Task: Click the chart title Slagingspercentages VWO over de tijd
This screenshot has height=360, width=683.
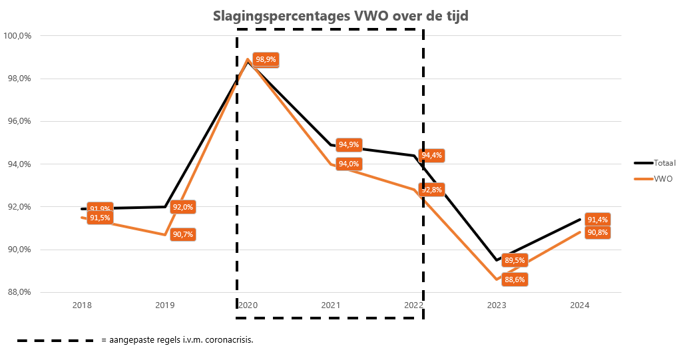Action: point(340,16)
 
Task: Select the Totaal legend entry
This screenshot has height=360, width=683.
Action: point(659,162)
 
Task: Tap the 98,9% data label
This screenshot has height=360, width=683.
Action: point(266,59)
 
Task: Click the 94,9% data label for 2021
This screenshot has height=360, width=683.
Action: point(349,144)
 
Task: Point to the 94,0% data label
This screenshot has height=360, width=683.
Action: point(349,164)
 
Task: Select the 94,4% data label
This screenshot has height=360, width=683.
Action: point(431,155)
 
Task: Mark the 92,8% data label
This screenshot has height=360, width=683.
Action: point(431,189)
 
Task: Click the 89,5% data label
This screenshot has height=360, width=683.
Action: point(514,260)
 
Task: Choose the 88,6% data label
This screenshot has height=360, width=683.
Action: point(514,280)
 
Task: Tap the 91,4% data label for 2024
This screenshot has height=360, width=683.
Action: point(597,220)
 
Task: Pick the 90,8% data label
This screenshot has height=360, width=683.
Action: point(597,232)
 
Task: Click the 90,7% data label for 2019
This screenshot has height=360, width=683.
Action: point(182,234)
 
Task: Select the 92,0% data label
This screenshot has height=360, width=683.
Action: point(182,207)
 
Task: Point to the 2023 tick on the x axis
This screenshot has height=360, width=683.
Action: point(497,305)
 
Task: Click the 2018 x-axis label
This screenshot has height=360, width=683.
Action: point(82,305)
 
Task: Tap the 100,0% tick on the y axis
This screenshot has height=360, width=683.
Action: point(18,36)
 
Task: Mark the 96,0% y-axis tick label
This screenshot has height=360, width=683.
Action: point(18,121)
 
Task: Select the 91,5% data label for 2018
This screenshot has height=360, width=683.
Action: point(100,218)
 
